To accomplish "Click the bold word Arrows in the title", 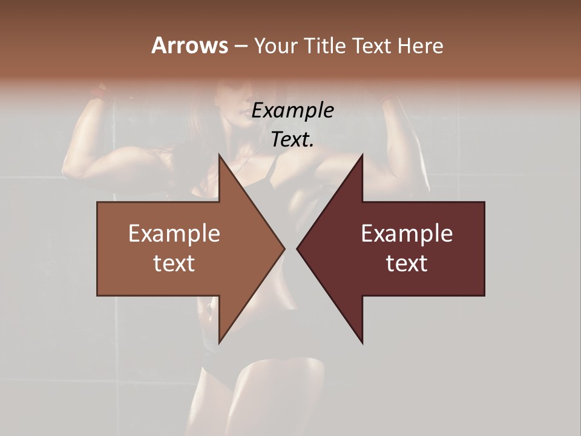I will click(189, 45).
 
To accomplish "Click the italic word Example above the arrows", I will click(293, 111).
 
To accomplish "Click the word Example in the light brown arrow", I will click(174, 234).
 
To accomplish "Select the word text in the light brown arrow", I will click(174, 263).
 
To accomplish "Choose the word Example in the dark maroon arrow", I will click(407, 234).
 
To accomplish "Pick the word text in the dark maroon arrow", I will click(407, 263).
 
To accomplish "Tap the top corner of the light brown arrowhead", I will click(220, 156).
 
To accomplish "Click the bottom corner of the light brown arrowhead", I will click(220, 342).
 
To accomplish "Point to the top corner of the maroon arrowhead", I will click(362, 156).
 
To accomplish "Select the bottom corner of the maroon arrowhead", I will click(362, 342).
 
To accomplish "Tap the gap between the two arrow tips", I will click(291, 248).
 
